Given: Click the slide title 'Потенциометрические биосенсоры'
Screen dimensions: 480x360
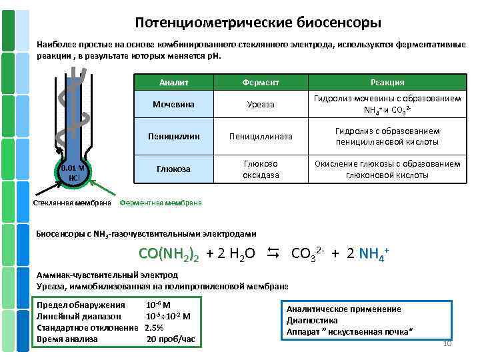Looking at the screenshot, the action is click(258, 23).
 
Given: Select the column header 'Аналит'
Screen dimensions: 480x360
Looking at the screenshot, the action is click(174, 82).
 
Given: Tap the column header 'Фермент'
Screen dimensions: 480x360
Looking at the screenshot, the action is click(261, 82).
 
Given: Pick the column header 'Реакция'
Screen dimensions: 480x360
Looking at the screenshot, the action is click(387, 82).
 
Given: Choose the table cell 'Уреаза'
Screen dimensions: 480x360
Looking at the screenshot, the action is click(261, 105).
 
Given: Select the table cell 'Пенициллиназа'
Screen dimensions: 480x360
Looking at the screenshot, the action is click(261, 136).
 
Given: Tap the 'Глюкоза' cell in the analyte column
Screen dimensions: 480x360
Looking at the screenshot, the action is click(174, 169).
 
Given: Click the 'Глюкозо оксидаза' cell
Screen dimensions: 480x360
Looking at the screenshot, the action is click(261, 169).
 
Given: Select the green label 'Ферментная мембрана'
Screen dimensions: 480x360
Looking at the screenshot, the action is click(159, 203).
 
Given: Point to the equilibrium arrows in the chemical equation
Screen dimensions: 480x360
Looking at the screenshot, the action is click(272, 253).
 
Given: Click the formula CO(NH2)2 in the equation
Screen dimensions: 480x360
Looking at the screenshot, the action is click(169, 254).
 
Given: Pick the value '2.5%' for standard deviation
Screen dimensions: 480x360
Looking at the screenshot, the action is click(154, 327).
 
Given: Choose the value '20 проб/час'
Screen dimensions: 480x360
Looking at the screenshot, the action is click(171, 339).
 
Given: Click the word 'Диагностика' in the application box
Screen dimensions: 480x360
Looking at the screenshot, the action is click(312, 320).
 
